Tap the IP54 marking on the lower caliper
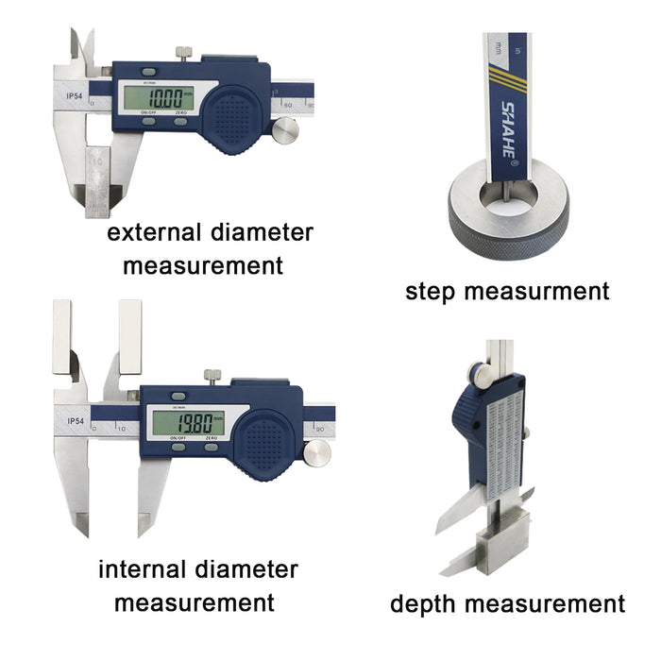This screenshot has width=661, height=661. click(x=79, y=421)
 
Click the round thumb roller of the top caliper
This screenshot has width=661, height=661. click(x=283, y=131)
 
